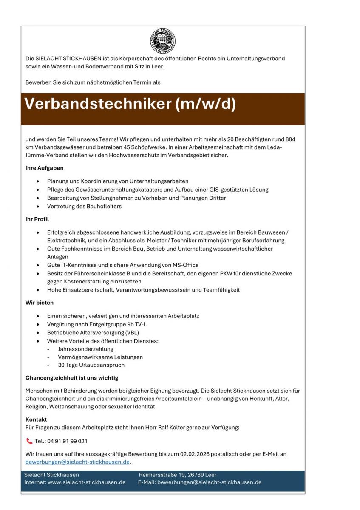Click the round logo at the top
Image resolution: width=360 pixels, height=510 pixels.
(x=163, y=41)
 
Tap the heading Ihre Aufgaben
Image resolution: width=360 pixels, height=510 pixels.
(x=44, y=168)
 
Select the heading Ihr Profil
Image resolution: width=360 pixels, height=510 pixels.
(x=37, y=219)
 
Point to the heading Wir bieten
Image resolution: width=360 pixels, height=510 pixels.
(x=40, y=303)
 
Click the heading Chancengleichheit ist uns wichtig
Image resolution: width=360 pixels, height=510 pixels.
(x=72, y=377)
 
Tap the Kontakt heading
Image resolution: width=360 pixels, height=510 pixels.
(x=36, y=419)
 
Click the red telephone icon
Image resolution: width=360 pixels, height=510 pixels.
(x=29, y=441)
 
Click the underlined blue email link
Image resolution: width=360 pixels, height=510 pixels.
(x=77, y=462)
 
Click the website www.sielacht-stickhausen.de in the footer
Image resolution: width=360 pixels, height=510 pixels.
(x=86, y=482)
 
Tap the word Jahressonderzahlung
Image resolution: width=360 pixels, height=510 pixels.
(x=85, y=349)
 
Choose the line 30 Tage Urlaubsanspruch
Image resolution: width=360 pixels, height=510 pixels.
(x=91, y=365)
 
